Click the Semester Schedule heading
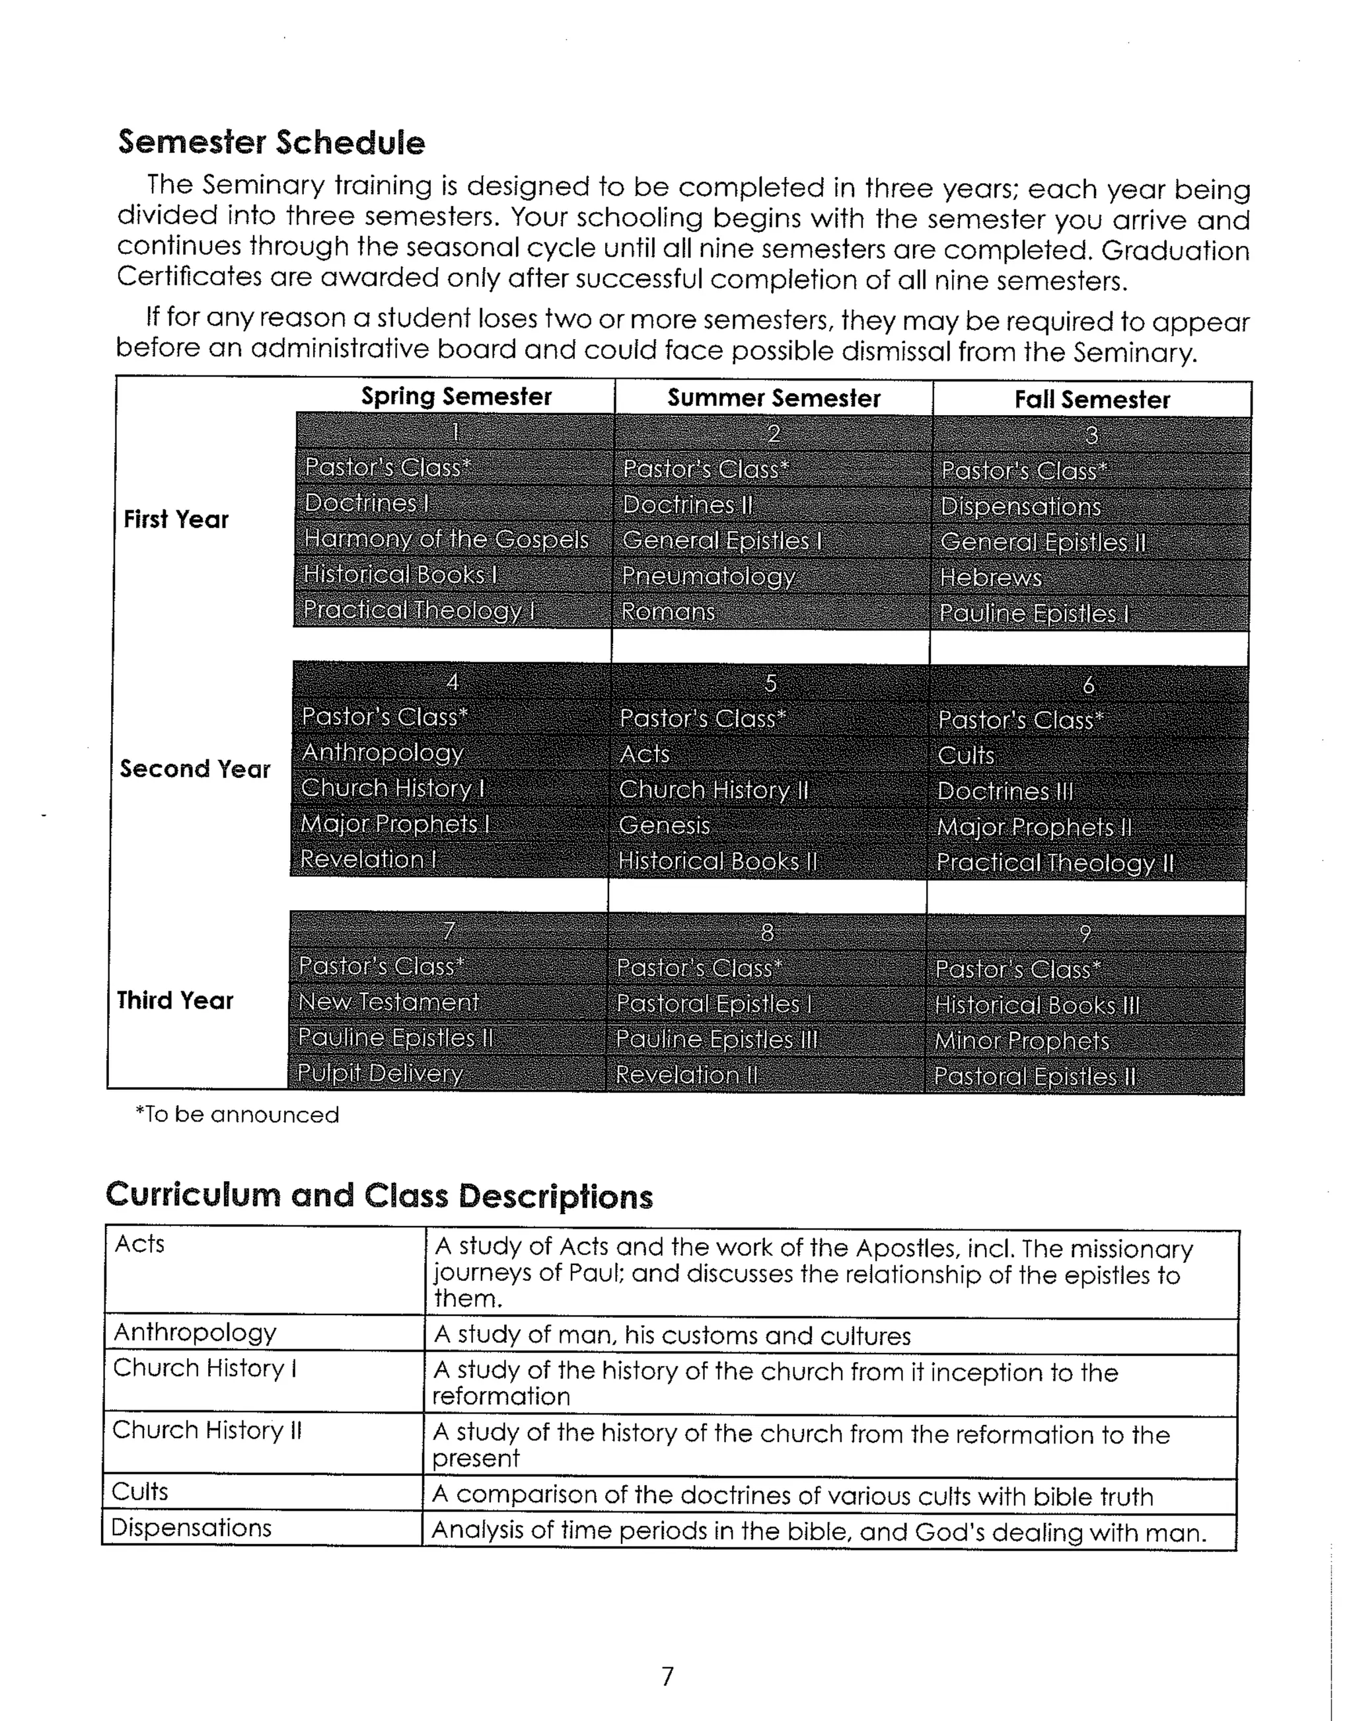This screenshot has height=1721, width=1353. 271,143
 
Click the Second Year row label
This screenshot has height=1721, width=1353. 195,769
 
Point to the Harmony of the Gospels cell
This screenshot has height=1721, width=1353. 446,539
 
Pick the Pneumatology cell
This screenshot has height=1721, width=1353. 708,576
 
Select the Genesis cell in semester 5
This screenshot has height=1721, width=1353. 664,825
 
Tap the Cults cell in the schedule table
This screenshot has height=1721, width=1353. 966,755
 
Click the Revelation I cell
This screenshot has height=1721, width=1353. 369,860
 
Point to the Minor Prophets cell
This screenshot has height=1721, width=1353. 1021,1041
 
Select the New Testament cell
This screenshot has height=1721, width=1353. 388,1003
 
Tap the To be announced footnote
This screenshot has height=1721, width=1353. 237,1115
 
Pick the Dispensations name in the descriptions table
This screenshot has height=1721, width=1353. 191,1527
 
